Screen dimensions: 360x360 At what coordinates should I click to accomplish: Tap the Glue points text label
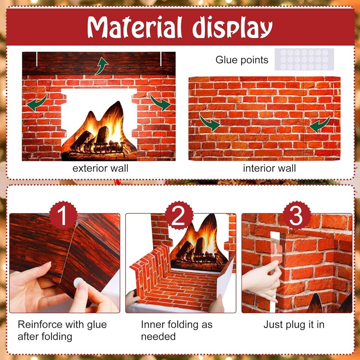(242, 60)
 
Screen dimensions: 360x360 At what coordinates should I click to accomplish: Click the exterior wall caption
(100, 168)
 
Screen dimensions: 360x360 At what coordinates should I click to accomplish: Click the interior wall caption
(269, 168)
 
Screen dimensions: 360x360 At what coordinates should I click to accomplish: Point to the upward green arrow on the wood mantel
(101, 66)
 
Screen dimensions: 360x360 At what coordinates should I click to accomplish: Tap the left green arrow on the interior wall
(210, 123)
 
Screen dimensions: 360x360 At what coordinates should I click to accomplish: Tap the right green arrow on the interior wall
(319, 124)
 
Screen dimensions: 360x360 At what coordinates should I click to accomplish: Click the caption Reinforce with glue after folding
(62, 330)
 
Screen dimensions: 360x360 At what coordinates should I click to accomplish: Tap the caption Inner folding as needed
(176, 330)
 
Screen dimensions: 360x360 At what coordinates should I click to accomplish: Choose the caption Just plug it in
(294, 324)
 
